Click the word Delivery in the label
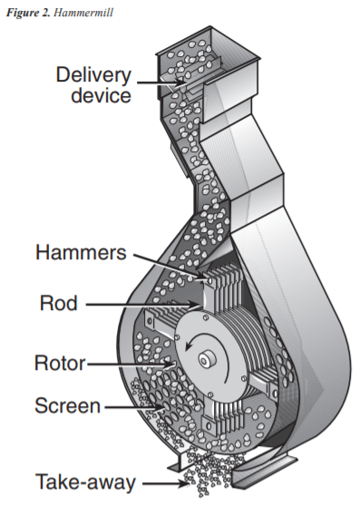point(93,75)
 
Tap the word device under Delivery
point(102,95)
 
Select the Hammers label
point(81,252)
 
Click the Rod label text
point(59,303)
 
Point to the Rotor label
point(60,363)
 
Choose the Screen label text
point(68,405)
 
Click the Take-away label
point(85,482)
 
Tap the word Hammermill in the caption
point(83,13)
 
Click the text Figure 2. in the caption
point(28,13)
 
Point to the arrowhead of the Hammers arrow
point(203,275)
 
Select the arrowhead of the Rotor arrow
point(170,364)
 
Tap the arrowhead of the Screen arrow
point(161,407)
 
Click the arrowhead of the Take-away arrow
point(185,483)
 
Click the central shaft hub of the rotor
point(206,359)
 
